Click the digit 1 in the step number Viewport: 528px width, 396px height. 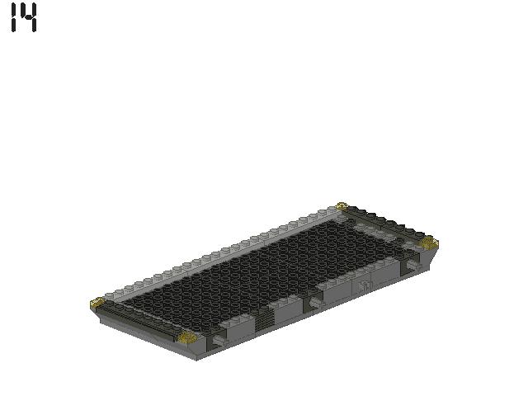pos(14,17)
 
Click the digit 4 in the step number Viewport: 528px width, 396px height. pos(29,17)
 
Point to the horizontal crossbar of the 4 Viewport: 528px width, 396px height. pos(29,18)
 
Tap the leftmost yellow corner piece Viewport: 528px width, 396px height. pos(97,304)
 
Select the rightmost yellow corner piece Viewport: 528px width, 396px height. pos(428,243)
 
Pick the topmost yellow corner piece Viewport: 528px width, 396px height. pos(342,206)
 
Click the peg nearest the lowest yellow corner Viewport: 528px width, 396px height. pos(219,339)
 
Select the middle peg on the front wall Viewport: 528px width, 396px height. pos(314,304)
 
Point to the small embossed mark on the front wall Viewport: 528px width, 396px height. pos(365,285)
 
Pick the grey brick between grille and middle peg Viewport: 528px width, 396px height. pos(289,309)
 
